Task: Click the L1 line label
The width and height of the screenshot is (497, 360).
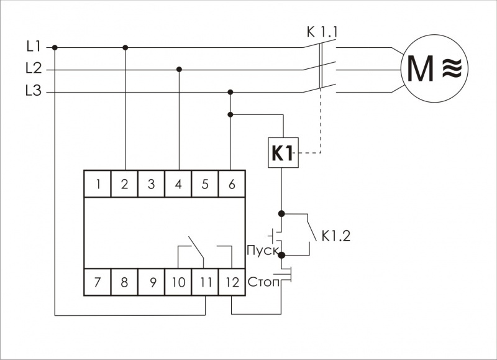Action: click(x=33, y=46)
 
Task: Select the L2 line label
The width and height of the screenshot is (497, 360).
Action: click(x=34, y=69)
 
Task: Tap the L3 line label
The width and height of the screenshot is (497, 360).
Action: click(x=34, y=92)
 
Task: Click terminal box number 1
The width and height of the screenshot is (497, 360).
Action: click(x=98, y=184)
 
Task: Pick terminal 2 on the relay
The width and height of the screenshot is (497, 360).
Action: click(x=125, y=184)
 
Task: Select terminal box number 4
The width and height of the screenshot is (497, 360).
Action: click(x=179, y=184)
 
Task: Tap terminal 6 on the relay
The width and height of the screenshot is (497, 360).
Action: click(x=232, y=184)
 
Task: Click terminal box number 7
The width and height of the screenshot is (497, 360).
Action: click(x=98, y=282)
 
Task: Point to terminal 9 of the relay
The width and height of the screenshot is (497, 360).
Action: click(x=152, y=282)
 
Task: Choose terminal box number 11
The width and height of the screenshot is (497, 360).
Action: click(x=205, y=282)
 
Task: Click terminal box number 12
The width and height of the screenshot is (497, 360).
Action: click(x=232, y=282)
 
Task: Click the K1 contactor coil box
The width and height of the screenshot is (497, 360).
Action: click(x=283, y=152)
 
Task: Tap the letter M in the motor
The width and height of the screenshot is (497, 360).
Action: click(x=421, y=69)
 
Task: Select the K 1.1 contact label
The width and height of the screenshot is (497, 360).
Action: click(x=323, y=32)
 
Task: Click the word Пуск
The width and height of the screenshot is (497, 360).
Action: click(x=261, y=251)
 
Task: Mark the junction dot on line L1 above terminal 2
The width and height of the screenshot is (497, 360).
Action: click(x=125, y=47)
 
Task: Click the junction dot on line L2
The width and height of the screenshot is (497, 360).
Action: click(x=179, y=70)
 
